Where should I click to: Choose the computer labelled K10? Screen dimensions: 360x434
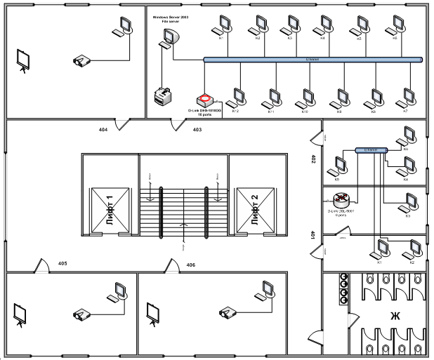[306, 97]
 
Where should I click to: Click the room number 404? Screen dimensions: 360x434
[103, 131]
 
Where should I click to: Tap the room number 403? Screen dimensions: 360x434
[197, 131]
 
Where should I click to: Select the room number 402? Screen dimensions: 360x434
[314, 160]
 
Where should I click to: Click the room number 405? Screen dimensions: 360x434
[63, 264]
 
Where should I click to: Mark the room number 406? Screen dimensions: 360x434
[190, 265]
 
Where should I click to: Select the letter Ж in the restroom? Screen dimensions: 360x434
[395, 316]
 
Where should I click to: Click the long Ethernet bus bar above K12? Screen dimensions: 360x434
[313, 60]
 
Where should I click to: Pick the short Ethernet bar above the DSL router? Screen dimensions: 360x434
[371, 150]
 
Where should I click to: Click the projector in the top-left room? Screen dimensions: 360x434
[82, 61]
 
